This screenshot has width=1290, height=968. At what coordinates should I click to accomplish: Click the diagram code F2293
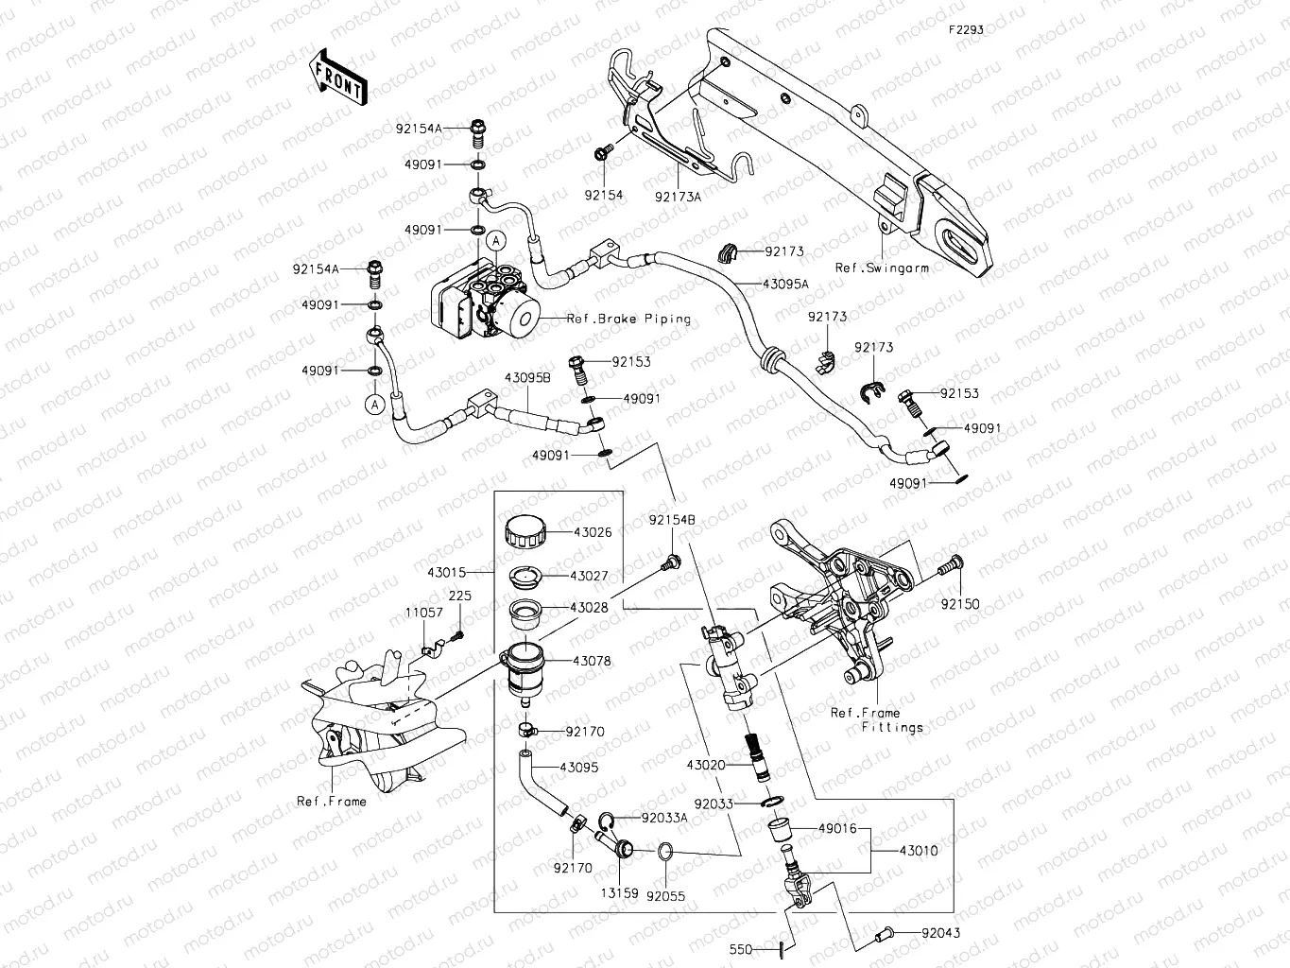tap(967, 29)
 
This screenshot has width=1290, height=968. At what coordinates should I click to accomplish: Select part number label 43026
tap(593, 532)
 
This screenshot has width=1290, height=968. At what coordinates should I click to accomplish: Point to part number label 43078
tap(593, 661)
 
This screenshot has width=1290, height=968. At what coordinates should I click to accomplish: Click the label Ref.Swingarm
tap(882, 268)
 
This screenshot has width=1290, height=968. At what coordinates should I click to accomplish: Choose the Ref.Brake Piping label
tap(628, 319)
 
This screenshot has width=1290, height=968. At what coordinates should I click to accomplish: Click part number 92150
tap(960, 604)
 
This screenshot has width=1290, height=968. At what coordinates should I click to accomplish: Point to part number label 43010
tap(919, 851)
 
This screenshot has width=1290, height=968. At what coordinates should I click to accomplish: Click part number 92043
tap(916, 933)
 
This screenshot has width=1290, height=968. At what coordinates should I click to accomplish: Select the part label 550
tap(740, 949)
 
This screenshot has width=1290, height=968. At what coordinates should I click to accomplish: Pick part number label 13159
tap(617, 891)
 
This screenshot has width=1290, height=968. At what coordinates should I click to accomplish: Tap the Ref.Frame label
tap(332, 801)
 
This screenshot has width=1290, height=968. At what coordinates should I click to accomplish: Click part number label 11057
tap(424, 613)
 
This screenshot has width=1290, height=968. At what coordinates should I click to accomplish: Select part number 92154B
tap(672, 520)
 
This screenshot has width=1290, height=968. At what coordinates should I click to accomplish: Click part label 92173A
tap(679, 197)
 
